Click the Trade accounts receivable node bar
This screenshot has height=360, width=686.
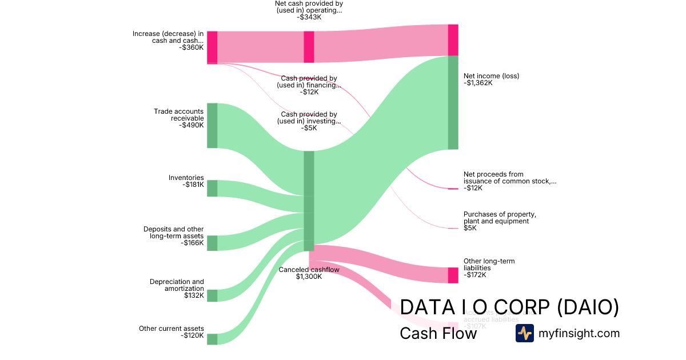(212, 126)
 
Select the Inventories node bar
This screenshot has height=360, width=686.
(212, 188)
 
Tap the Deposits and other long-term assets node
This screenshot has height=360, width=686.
(212, 243)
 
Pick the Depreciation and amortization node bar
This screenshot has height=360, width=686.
(212, 295)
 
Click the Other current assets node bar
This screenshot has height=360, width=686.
(212, 339)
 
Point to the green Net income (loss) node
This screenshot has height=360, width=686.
(453, 103)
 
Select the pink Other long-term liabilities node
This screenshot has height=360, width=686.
(453, 275)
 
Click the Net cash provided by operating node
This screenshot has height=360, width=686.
(309, 47)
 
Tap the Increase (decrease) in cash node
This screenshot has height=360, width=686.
(212, 47)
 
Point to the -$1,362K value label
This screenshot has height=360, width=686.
(478, 83)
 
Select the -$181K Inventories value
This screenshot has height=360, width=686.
(193, 185)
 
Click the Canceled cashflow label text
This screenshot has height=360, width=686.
(309, 270)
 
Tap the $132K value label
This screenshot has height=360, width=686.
(194, 295)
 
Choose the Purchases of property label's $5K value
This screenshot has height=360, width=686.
(470, 228)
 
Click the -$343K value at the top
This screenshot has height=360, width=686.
(309, 17)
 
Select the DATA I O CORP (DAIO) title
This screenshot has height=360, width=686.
(509, 307)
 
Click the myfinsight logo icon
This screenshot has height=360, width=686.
(524, 333)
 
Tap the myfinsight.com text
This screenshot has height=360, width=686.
(579, 333)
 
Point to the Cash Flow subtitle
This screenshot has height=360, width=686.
(438, 333)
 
